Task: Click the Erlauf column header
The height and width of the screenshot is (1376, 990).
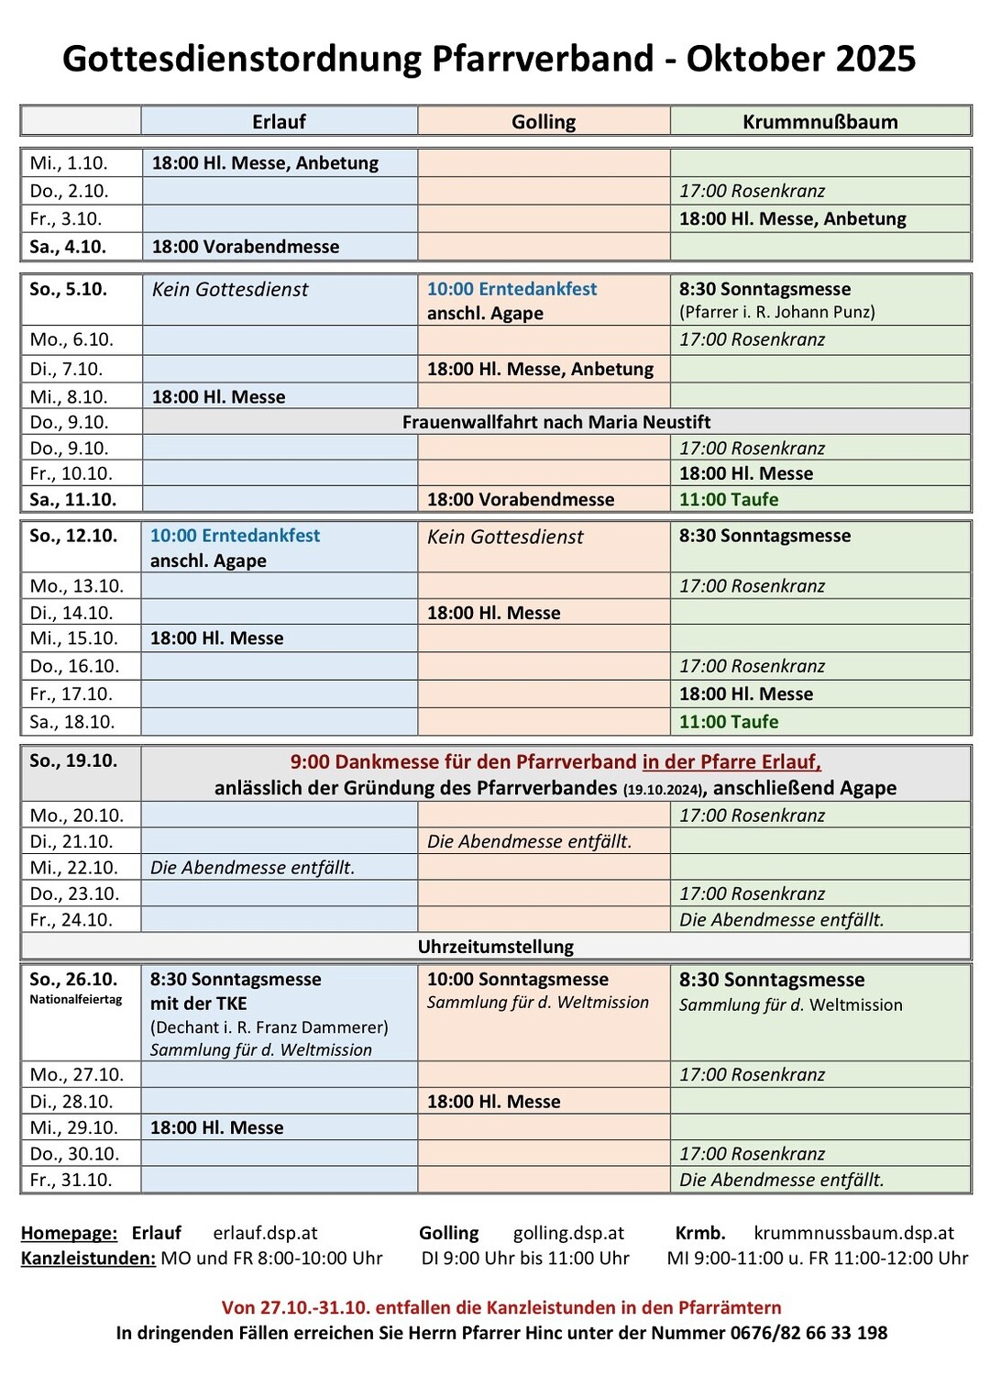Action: coord(279,122)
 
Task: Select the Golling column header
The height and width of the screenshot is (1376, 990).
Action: coord(544,122)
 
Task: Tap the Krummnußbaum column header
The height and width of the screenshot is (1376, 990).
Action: coord(819,122)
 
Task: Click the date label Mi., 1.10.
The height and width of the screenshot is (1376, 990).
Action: coord(69,163)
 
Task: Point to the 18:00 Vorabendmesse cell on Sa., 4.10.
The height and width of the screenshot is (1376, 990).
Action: coord(246,247)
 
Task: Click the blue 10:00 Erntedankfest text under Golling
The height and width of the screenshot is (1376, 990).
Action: coord(511,289)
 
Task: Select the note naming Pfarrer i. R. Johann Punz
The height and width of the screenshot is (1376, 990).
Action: coord(776,312)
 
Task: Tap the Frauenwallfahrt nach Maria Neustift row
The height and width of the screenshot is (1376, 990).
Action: coord(556,422)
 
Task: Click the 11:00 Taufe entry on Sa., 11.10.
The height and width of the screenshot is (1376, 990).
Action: coord(729,500)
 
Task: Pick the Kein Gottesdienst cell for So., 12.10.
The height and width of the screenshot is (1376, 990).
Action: coord(505,538)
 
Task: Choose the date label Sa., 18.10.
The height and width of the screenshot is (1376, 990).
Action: coord(72,722)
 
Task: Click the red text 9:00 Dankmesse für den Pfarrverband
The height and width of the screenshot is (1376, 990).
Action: coord(463,762)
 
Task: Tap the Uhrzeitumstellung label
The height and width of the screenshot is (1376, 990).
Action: coord(496,947)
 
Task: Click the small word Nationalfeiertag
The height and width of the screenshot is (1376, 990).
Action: coord(75,1000)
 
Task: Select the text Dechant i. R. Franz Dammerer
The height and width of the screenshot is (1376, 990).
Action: coord(269,1026)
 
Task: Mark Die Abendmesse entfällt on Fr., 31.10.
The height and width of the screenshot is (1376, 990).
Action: coord(781,1180)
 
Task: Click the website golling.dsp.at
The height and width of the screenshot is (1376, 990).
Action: coord(568,1234)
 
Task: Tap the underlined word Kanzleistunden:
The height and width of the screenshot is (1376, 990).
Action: coord(88,1259)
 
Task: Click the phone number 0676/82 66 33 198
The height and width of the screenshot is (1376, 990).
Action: coord(808,1333)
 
